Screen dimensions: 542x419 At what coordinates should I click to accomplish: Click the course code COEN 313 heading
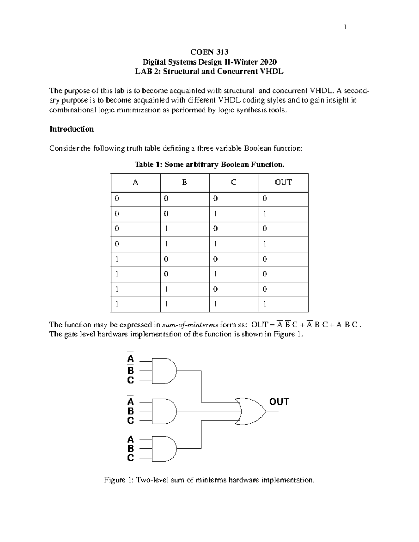pos(209,52)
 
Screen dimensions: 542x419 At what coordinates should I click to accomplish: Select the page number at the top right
pos(345,27)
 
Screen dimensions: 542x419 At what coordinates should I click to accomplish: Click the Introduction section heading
pos(71,129)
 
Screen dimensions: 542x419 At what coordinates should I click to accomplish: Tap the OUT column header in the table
pos(283,182)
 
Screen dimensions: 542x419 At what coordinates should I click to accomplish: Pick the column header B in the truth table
pos(185,182)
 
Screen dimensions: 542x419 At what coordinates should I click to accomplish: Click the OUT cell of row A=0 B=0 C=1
pos(265,214)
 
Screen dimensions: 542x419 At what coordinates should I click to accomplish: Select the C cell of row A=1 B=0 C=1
pos(215,274)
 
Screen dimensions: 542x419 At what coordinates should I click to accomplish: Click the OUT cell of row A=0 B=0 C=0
pos(265,199)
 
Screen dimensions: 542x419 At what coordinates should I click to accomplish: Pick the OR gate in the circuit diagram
pos(250,411)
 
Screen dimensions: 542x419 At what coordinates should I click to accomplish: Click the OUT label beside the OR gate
pos(279,402)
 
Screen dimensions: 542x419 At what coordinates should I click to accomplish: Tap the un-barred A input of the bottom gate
pos(131,439)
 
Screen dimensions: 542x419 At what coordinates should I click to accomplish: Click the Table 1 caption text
pos(209,164)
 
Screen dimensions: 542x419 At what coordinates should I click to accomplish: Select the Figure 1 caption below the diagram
pos(209,480)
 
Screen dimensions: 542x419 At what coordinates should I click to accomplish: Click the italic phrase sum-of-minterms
pos(190,325)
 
